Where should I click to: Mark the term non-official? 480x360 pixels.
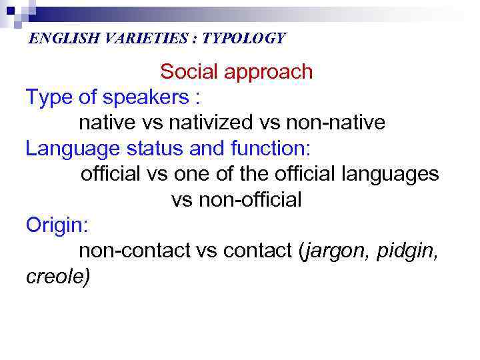237,200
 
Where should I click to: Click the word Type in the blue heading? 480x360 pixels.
49,98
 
